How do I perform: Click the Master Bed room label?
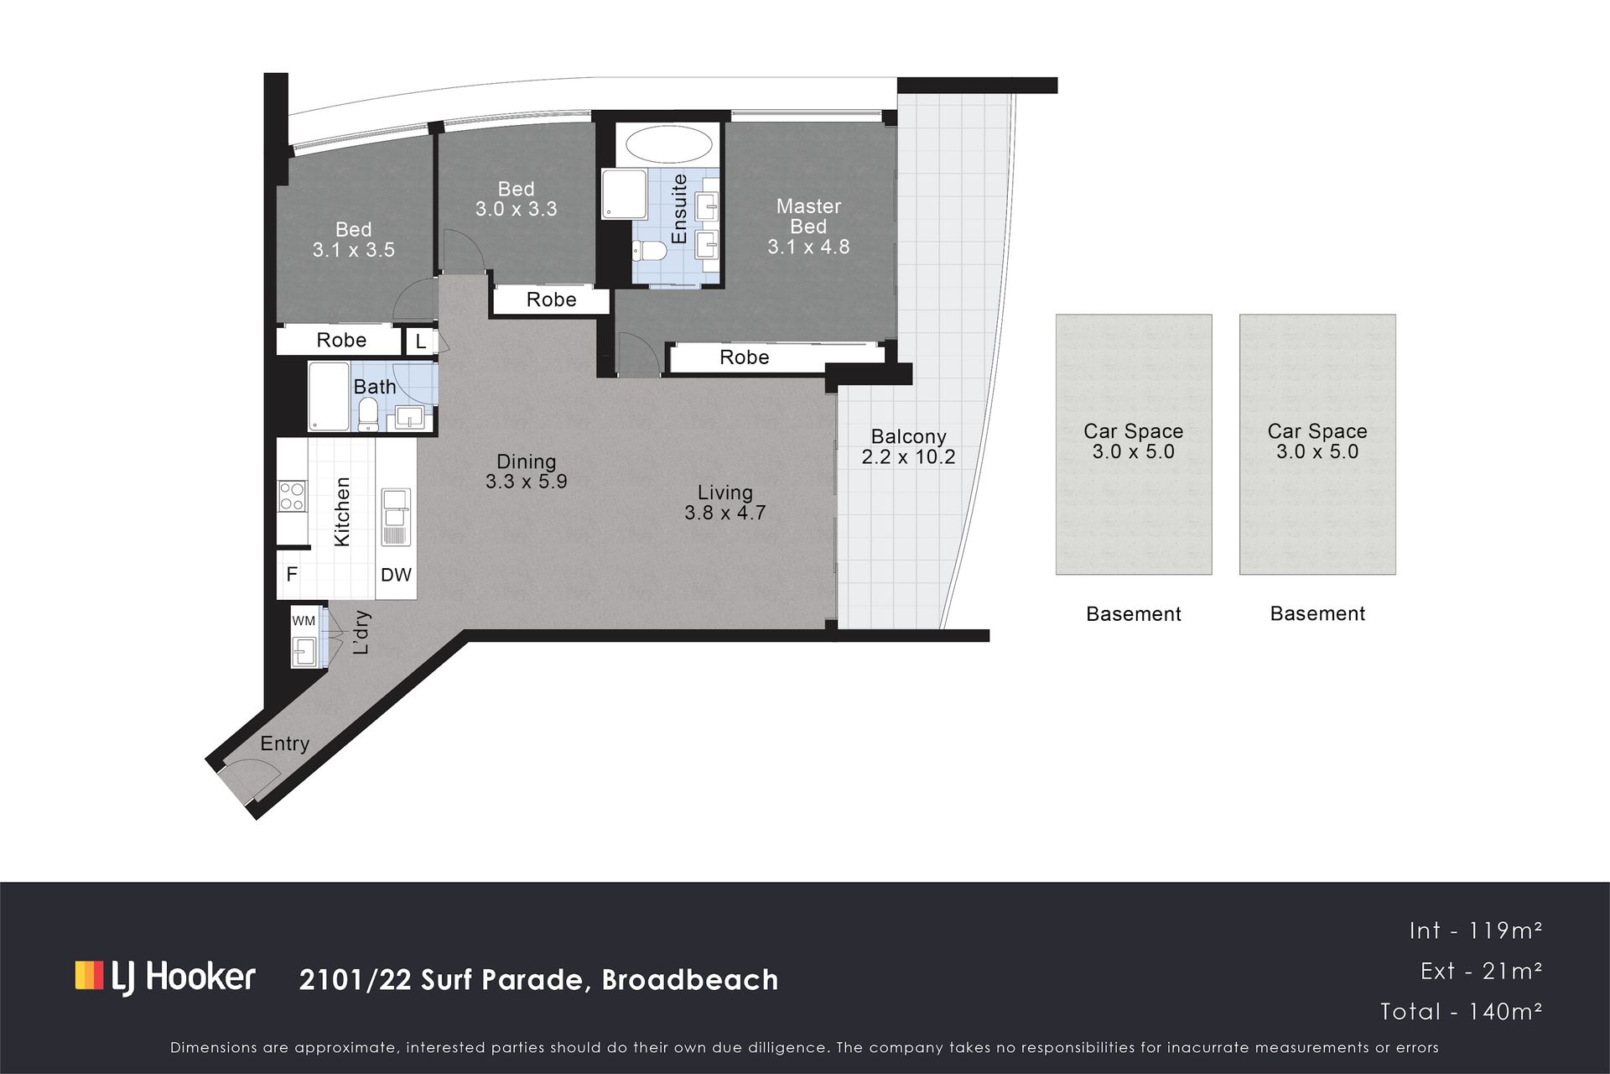tap(808, 216)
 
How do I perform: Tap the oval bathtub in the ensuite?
tap(669, 145)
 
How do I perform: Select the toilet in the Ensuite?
tap(649, 251)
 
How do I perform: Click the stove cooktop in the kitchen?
tap(292, 496)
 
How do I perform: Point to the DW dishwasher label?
tap(396, 575)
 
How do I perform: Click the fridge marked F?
tap(292, 574)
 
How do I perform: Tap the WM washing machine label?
tap(304, 621)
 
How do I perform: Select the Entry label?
tap(285, 743)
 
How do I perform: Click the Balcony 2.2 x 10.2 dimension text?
tap(908, 456)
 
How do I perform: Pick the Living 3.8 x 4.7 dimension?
tap(725, 513)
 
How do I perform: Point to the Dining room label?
tap(526, 461)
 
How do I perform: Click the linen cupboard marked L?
tap(421, 341)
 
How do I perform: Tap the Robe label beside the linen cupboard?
tap(341, 340)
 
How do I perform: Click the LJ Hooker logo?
tap(165, 977)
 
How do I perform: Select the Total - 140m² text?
tap(1461, 1011)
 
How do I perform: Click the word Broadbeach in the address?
tap(690, 979)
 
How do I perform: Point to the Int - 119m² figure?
tap(1476, 930)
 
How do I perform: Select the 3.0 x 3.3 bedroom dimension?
tap(516, 209)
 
